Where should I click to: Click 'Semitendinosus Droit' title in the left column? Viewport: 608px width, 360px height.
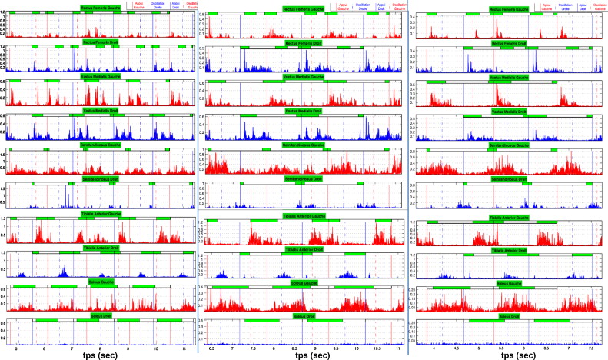pos(100,180)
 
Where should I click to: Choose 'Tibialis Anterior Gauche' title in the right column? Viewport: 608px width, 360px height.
pos(510,216)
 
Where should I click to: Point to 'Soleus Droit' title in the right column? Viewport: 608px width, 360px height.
pos(510,316)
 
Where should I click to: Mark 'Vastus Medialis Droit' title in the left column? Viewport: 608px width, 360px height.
pos(100,110)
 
